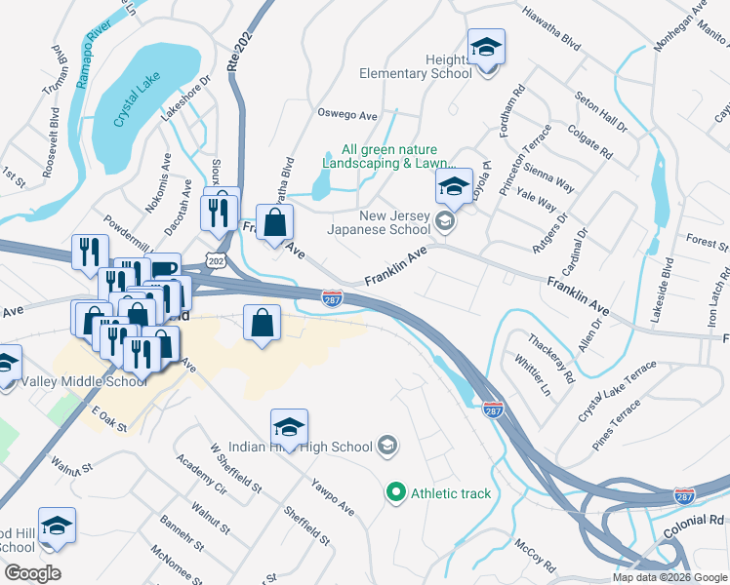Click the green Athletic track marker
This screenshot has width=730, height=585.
coord(395,493)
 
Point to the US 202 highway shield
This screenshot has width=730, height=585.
coord(216,257)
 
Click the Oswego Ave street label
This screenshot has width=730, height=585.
coord(347,115)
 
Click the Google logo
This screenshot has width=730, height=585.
coord(31,573)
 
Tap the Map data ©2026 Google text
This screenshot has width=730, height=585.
coord(669,577)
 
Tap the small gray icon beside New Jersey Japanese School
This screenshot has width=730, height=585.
coord(445,222)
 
